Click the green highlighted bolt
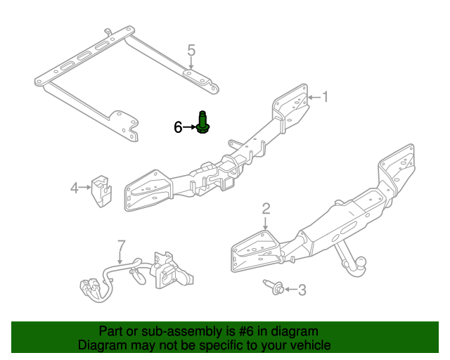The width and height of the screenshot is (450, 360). (202, 124)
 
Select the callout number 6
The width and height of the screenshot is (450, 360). (179, 127)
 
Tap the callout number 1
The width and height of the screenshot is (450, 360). (325, 96)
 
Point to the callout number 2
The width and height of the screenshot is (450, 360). (266, 207)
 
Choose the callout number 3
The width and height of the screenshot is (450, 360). (302, 289)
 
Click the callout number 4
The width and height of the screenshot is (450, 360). (74, 187)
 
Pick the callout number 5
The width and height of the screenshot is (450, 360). (191, 50)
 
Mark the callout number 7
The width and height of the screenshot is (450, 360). (121, 245)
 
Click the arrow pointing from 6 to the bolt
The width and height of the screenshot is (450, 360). (190, 127)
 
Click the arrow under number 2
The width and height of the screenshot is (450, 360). (266, 221)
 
